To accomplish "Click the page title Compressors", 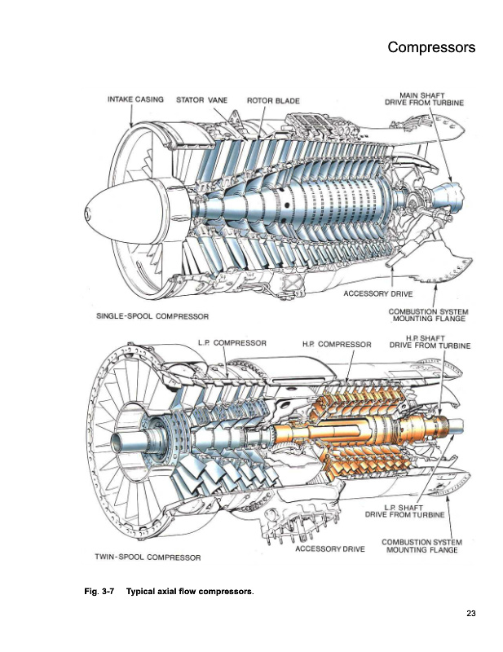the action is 431,47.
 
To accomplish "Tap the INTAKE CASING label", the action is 135,99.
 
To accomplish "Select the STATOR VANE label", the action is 202,99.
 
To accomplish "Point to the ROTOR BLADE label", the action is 273,100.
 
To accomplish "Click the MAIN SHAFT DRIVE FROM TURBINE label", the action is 424,99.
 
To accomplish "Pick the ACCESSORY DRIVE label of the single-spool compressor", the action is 378,294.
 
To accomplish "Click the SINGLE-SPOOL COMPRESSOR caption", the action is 152,316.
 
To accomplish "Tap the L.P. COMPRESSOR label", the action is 232,343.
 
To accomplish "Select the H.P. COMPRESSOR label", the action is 337,344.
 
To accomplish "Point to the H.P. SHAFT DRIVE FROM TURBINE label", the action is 430,342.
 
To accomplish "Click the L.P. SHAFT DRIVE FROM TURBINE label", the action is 405,511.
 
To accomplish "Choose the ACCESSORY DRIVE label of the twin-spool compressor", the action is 330,548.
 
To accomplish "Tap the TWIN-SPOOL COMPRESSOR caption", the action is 148,557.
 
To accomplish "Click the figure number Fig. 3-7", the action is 99,592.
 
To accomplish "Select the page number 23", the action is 471,614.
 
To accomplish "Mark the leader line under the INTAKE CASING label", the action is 131,115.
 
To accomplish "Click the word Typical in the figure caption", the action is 140,592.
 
